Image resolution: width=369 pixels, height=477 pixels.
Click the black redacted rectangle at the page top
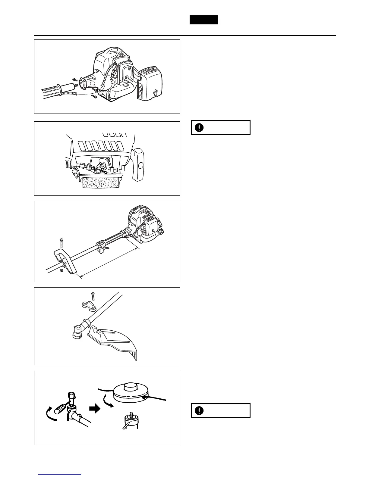[x=203, y=20]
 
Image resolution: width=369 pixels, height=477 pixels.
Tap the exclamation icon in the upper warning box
[x=199, y=127]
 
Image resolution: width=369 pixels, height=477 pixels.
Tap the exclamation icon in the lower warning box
[x=199, y=410]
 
